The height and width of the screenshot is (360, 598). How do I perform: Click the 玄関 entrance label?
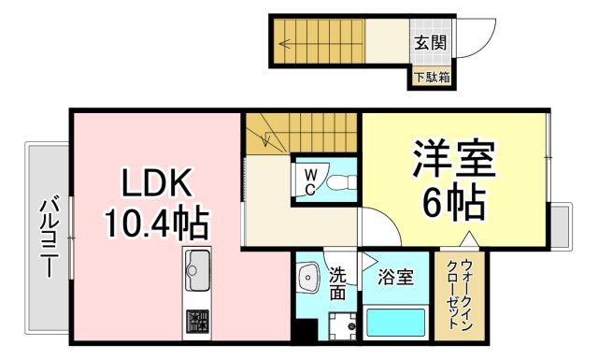tap(430, 41)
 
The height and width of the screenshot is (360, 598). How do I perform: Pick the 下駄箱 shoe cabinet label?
tap(431, 77)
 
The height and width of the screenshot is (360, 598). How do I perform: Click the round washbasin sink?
tap(308, 277)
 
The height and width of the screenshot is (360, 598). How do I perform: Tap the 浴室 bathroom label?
tap(396, 277)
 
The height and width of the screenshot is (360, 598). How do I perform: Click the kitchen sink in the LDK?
tap(198, 272)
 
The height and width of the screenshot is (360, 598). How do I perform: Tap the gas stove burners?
tap(198, 321)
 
